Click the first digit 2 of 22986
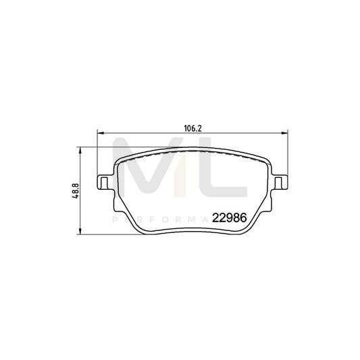point(215,217)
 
